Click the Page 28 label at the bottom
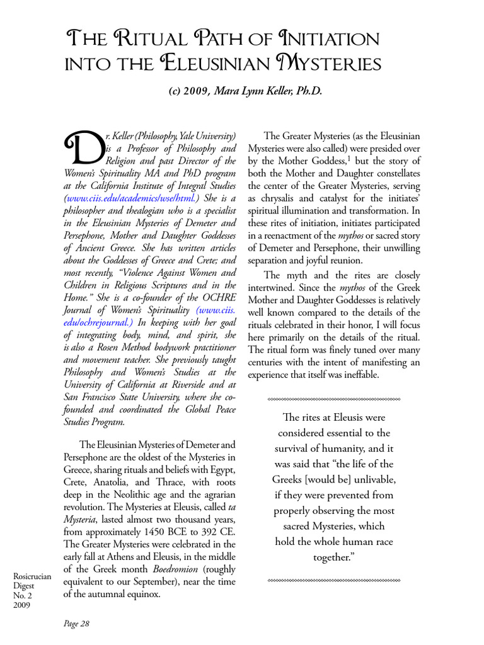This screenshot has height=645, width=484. point(77,624)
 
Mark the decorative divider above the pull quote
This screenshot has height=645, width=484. point(334,399)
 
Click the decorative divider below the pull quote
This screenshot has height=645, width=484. point(334,579)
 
